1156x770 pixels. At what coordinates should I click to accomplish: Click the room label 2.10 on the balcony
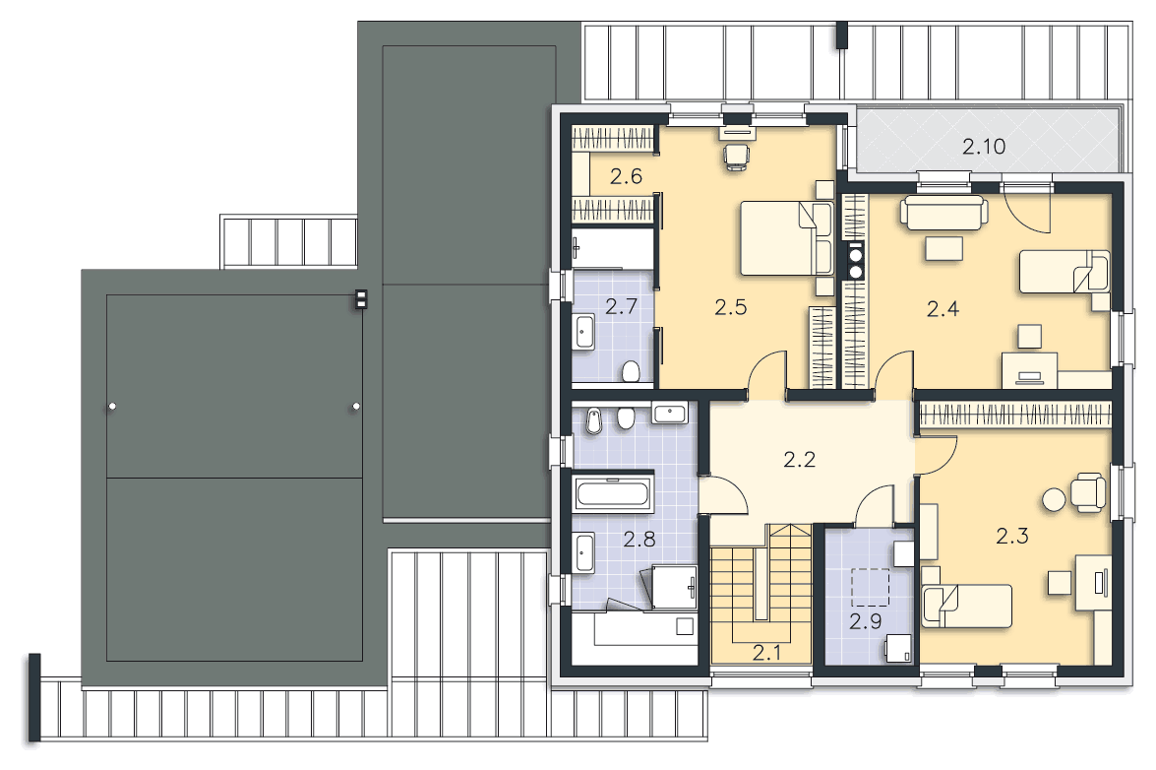984,147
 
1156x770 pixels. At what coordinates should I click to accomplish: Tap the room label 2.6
626,176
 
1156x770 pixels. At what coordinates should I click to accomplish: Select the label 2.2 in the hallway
799,460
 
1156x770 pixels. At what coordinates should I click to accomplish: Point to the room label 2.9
866,621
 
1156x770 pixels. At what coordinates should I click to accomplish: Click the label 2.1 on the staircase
766,652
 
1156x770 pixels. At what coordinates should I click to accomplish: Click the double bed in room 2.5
786,238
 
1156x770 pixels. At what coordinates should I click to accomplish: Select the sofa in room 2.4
943,213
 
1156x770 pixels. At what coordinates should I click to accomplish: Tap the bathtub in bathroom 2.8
613,494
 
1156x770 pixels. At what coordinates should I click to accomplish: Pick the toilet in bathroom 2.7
631,371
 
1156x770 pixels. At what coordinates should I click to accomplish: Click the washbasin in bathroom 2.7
583,333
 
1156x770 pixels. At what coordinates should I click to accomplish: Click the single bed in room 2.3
966,606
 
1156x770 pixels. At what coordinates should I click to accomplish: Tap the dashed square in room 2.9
870,587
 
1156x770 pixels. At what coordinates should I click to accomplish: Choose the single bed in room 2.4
1064,272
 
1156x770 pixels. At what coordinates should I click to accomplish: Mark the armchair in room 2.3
1088,492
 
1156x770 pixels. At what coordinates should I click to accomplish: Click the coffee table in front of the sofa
943,248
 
